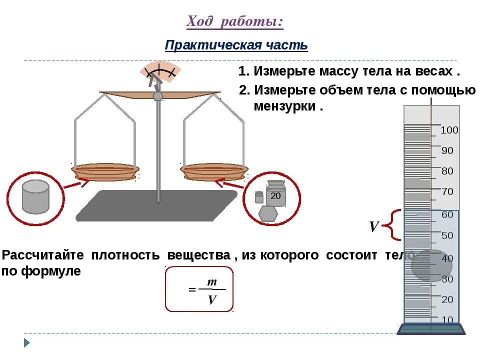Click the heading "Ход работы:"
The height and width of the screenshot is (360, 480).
(x=235, y=22)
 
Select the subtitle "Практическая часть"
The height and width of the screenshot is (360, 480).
(x=236, y=45)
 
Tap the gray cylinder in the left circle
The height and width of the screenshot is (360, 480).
(x=35, y=196)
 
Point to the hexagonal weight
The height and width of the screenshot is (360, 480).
(x=268, y=213)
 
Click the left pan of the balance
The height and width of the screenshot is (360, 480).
(x=104, y=171)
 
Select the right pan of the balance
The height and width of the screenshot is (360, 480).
(x=214, y=171)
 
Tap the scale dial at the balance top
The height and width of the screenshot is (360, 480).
(x=158, y=72)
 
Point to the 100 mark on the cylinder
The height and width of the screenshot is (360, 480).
(x=449, y=130)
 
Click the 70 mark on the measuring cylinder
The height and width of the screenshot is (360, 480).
(x=447, y=191)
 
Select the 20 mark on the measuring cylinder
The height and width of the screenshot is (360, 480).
(x=447, y=299)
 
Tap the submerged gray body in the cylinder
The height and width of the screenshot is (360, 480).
(x=431, y=265)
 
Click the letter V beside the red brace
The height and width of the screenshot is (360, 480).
(x=373, y=227)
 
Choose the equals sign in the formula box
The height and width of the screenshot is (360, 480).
(x=192, y=290)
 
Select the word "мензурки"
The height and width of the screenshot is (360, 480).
(x=285, y=106)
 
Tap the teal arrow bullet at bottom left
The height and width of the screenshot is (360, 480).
(x=27, y=343)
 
